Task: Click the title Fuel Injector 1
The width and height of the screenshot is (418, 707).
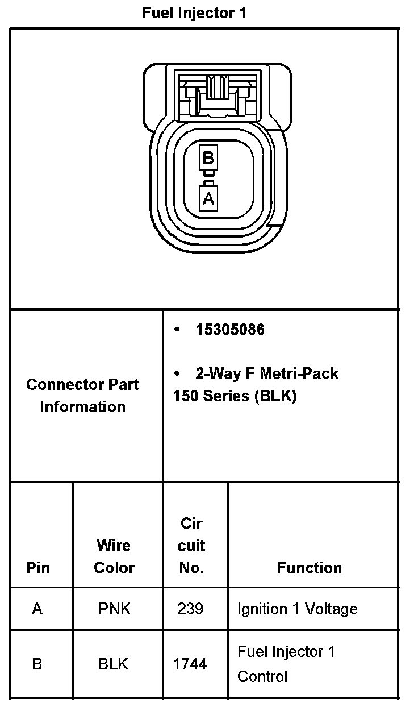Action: coord(194,14)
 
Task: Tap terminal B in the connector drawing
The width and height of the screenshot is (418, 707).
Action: coord(208,157)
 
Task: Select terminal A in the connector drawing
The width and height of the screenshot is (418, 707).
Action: coord(208,199)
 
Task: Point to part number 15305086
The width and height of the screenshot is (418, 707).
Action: coord(230,330)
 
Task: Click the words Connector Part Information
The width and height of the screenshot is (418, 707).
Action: coord(83,396)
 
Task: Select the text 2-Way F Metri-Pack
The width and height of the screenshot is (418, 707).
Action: coord(266,373)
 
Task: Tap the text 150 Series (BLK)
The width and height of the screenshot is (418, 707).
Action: coord(235,396)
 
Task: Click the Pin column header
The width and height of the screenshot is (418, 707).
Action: coord(38,568)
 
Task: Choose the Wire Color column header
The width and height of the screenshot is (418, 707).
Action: coord(114,556)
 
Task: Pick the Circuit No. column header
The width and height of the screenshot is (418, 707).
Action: coord(191,545)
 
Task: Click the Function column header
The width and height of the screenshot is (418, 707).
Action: coord(310,568)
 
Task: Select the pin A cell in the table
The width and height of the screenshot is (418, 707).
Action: coord(37,609)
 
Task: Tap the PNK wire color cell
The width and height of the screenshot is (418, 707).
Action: coord(114,609)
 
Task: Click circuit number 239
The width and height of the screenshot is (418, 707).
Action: coord(190,609)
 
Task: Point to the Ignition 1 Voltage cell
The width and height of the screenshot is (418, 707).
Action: coord(298,609)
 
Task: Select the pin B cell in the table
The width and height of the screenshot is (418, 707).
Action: coord(37,664)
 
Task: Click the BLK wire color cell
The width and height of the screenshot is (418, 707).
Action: coord(114,664)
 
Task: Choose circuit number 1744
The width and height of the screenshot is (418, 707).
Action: coord(190,664)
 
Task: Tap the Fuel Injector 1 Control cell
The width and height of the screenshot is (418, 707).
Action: coord(286,664)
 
